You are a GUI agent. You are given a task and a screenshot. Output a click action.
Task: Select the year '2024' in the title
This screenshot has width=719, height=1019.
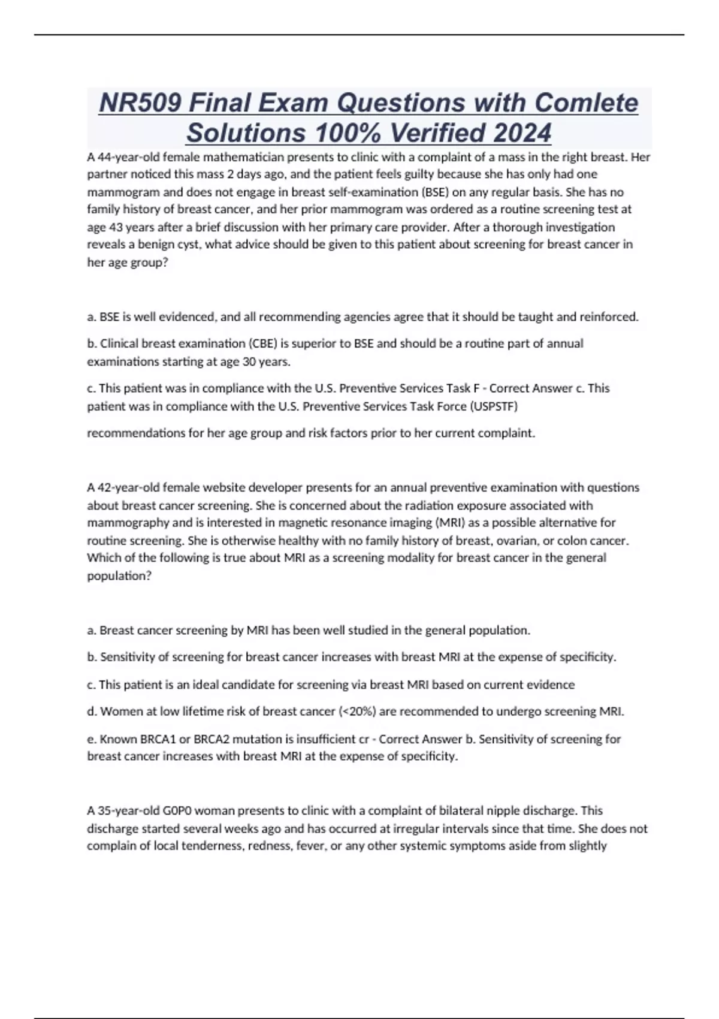(520, 133)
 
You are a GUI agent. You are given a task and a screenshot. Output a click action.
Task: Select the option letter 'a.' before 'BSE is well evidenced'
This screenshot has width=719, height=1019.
(92, 316)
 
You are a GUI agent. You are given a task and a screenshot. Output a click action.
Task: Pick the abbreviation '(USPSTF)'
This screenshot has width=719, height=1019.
(494, 406)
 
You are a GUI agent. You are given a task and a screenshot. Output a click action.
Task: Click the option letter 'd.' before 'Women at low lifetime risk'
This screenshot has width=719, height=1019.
(92, 712)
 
